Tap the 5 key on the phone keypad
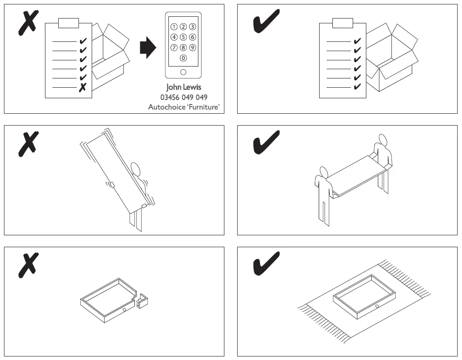tap(183, 37)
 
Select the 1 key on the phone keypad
tap(174, 26)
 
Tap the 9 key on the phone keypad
tap(193, 48)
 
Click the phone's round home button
tap(183, 72)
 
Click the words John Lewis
tap(183, 87)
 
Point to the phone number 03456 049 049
tap(183, 97)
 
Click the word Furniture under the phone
tap(204, 107)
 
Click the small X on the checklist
tap(82, 88)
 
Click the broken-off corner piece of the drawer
tap(142, 302)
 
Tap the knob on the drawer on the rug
tap(377, 306)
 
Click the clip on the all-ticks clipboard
tap(343, 23)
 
